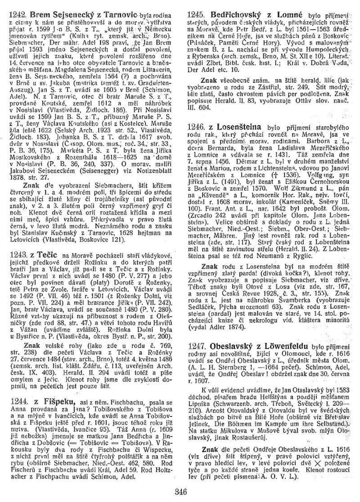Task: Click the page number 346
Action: point(180,490)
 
